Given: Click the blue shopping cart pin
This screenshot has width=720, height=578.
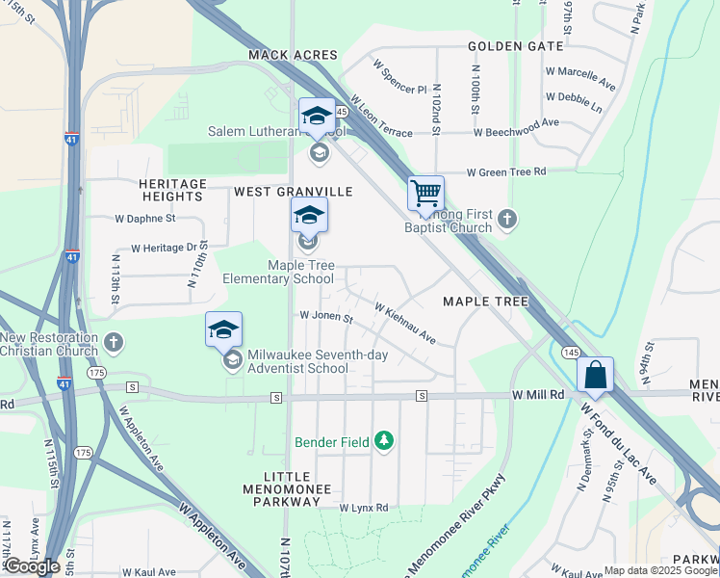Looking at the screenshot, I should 425,194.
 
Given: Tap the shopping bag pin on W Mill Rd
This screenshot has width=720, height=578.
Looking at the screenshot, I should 595,375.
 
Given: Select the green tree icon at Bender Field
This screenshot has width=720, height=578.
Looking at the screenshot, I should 385,441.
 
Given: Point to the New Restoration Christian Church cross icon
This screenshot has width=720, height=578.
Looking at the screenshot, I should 114,342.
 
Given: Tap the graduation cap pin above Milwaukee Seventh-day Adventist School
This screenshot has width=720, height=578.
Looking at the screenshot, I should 223,330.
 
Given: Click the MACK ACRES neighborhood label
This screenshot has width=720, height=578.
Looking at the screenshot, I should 293,56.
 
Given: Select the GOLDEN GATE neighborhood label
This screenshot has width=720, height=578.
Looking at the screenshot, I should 509,46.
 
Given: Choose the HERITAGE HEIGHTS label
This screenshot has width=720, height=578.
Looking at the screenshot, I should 172,190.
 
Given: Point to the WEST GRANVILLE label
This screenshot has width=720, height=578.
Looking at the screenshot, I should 294,192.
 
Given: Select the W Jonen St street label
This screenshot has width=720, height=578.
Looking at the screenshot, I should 325,315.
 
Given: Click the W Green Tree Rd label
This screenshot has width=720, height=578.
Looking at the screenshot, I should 506,172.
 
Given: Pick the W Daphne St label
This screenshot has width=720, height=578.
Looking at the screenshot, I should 144,219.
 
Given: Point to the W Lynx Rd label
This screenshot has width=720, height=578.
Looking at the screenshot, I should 363,508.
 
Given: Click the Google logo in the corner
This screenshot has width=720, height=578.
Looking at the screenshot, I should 31,566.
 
